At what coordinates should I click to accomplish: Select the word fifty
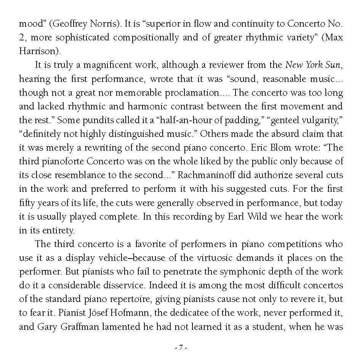26,202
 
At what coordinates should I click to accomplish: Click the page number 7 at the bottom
181,347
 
